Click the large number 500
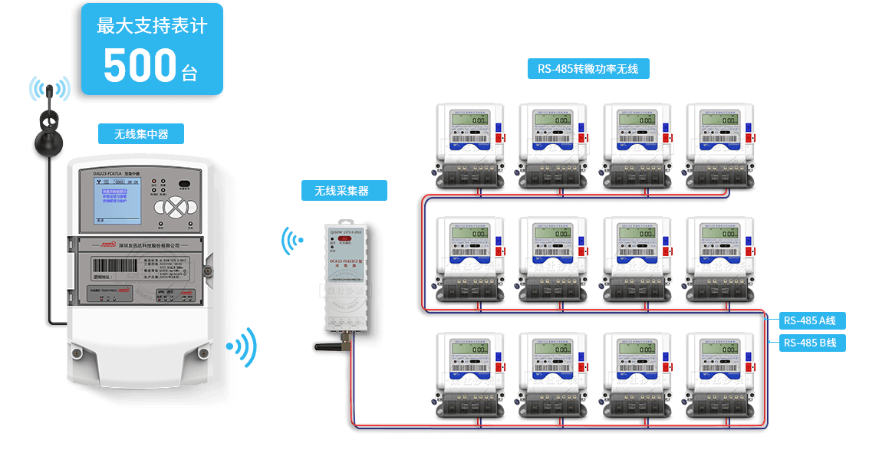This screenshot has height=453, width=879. pos(140,66)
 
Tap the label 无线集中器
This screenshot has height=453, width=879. pos(141,134)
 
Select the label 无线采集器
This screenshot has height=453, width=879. pos(344,191)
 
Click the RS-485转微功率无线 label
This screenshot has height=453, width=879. pos(588,69)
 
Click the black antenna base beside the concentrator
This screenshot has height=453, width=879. pos(51,142)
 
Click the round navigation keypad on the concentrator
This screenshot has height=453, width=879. pos(177,206)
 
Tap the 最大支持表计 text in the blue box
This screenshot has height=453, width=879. pos(152,25)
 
